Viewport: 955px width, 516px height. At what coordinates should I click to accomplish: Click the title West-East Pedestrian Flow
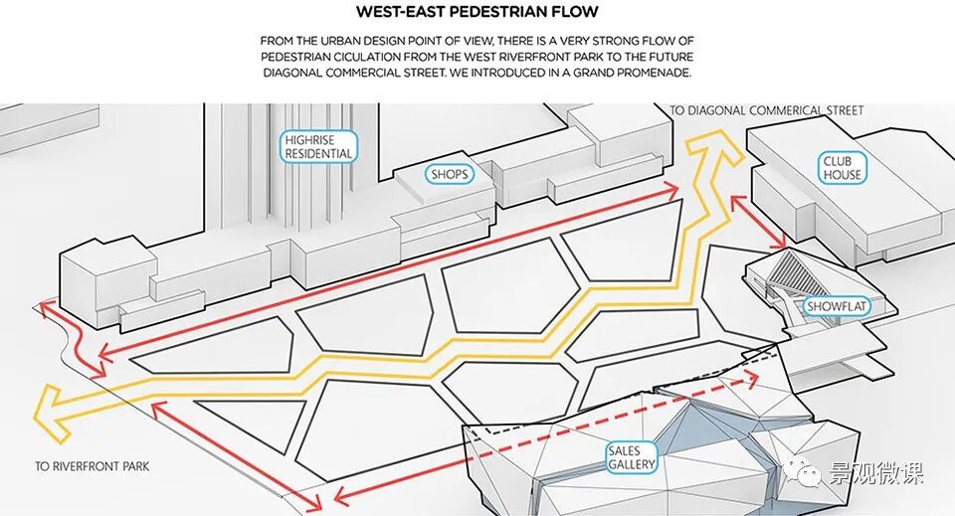[x=477, y=12]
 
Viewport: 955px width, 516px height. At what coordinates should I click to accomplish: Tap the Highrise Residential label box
[x=318, y=147]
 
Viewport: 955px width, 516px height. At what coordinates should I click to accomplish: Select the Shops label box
[x=449, y=174]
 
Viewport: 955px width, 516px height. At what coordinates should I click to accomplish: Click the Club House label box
[x=842, y=168]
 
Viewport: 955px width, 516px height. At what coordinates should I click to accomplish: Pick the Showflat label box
[x=836, y=307]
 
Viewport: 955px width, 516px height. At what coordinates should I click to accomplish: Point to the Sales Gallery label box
[x=633, y=458]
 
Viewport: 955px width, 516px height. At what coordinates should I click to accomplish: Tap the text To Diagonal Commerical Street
[x=767, y=110]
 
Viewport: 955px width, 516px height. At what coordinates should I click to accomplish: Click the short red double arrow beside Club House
[x=758, y=221]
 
